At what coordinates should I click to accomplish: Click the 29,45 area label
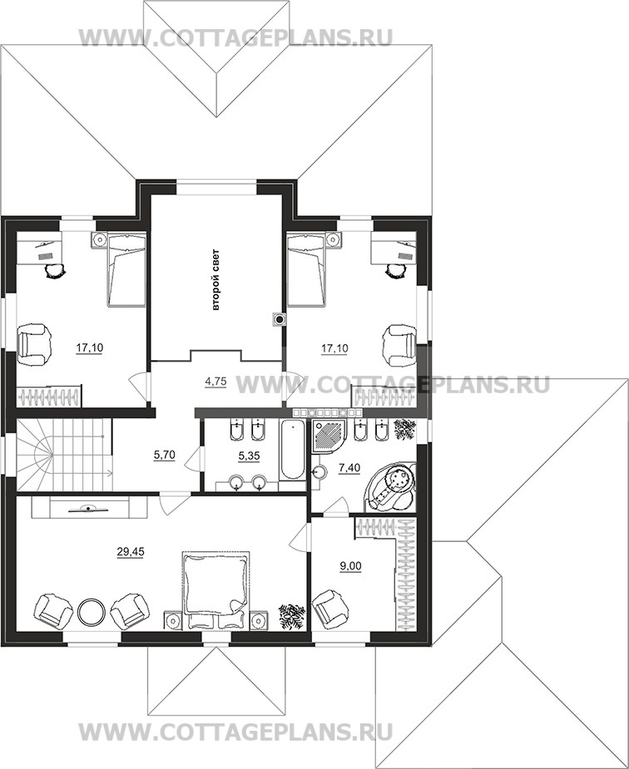[131, 552]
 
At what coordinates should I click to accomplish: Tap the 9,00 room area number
[351, 566]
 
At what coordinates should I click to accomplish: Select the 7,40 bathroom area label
[349, 468]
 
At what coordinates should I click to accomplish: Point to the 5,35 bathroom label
[249, 456]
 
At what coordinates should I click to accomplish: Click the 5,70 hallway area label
[165, 456]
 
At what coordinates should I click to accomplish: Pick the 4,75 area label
[215, 382]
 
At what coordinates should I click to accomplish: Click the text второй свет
[215, 280]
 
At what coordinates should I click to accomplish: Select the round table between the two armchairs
[92, 611]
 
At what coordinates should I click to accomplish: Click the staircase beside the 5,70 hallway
[64, 455]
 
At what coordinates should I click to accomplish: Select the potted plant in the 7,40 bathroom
[405, 429]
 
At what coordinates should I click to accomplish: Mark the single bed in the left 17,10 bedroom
[126, 269]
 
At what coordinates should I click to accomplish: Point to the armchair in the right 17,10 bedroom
[399, 345]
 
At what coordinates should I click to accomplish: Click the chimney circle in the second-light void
[280, 320]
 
